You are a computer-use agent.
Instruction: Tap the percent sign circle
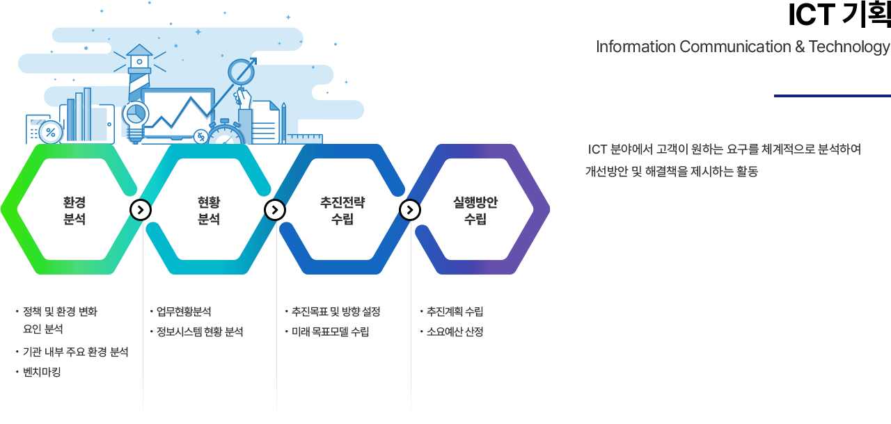pyautogui.click(x=50, y=132)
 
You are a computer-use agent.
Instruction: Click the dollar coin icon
pyautogui.click(x=200, y=136)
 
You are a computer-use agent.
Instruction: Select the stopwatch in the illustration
pyautogui.click(x=226, y=133)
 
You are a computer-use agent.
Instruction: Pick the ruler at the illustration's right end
pyautogui.click(x=305, y=138)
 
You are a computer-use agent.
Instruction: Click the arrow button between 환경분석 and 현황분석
pyautogui.click(x=141, y=209)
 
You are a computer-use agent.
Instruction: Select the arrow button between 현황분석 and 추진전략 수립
pyautogui.click(x=275, y=209)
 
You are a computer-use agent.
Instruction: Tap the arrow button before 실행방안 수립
pyautogui.click(x=409, y=209)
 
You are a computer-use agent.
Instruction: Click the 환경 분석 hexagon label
pyautogui.click(x=74, y=211)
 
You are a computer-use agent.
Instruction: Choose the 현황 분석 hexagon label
pyautogui.click(x=209, y=211)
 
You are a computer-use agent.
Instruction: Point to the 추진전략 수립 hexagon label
pyautogui.click(x=342, y=211)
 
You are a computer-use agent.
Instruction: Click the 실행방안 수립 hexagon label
pyautogui.click(x=475, y=211)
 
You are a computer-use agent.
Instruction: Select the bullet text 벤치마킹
pyautogui.click(x=42, y=372)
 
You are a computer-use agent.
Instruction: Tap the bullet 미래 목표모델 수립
pyautogui.click(x=331, y=332)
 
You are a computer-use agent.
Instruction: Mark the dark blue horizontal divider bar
pyautogui.click(x=831, y=95)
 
